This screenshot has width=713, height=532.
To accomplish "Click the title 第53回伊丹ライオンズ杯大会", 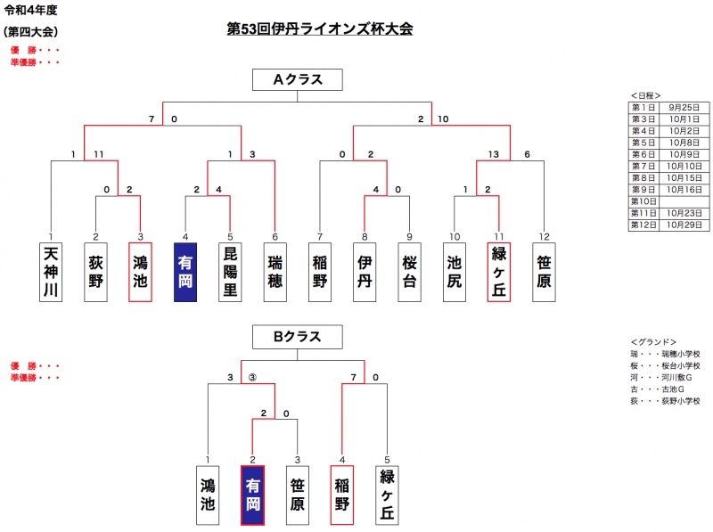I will (320, 29).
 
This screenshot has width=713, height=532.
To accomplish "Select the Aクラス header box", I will (297, 80).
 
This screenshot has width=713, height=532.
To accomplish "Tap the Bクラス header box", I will (297, 337).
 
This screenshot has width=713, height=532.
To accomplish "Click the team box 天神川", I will (51, 271).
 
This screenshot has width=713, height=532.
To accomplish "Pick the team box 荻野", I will (96, 271).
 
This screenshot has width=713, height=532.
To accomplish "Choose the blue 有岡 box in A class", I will (185, 271).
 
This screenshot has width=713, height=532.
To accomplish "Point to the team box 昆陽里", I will (230, 271).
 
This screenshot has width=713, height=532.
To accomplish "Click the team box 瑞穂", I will (275, 271).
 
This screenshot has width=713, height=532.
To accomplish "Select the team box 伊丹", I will (365, 271).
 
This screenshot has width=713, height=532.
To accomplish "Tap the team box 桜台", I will (409, 271).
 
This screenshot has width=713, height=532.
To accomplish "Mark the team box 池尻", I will (455, 271).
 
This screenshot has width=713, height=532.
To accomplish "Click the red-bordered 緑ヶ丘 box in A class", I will (499, 271).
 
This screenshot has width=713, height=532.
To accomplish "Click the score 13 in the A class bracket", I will (493, 154).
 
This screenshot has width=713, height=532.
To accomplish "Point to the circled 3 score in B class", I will (252, 378).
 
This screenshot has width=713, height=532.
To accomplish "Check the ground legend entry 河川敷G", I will (676, 377).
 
